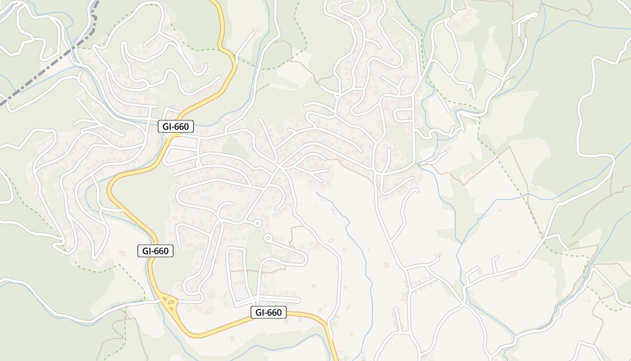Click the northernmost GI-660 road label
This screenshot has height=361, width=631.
176,127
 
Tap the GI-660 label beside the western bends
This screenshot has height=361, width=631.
155,251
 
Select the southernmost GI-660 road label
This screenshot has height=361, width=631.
269,312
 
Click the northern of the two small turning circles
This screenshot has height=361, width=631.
257,223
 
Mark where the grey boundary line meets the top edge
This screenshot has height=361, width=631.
97,1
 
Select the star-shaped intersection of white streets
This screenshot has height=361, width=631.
279,167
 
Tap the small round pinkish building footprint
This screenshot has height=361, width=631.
386,265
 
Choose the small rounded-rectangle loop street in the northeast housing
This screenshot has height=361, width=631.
404,116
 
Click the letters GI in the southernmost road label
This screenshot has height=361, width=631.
260,312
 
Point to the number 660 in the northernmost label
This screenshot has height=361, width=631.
181,127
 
